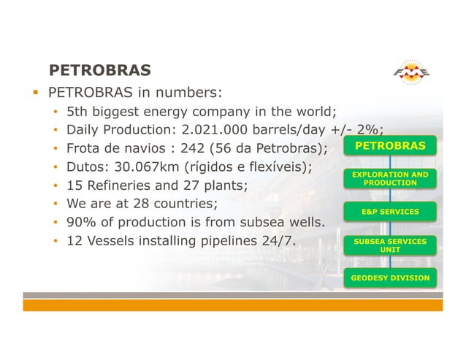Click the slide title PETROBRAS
[99, 71]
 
